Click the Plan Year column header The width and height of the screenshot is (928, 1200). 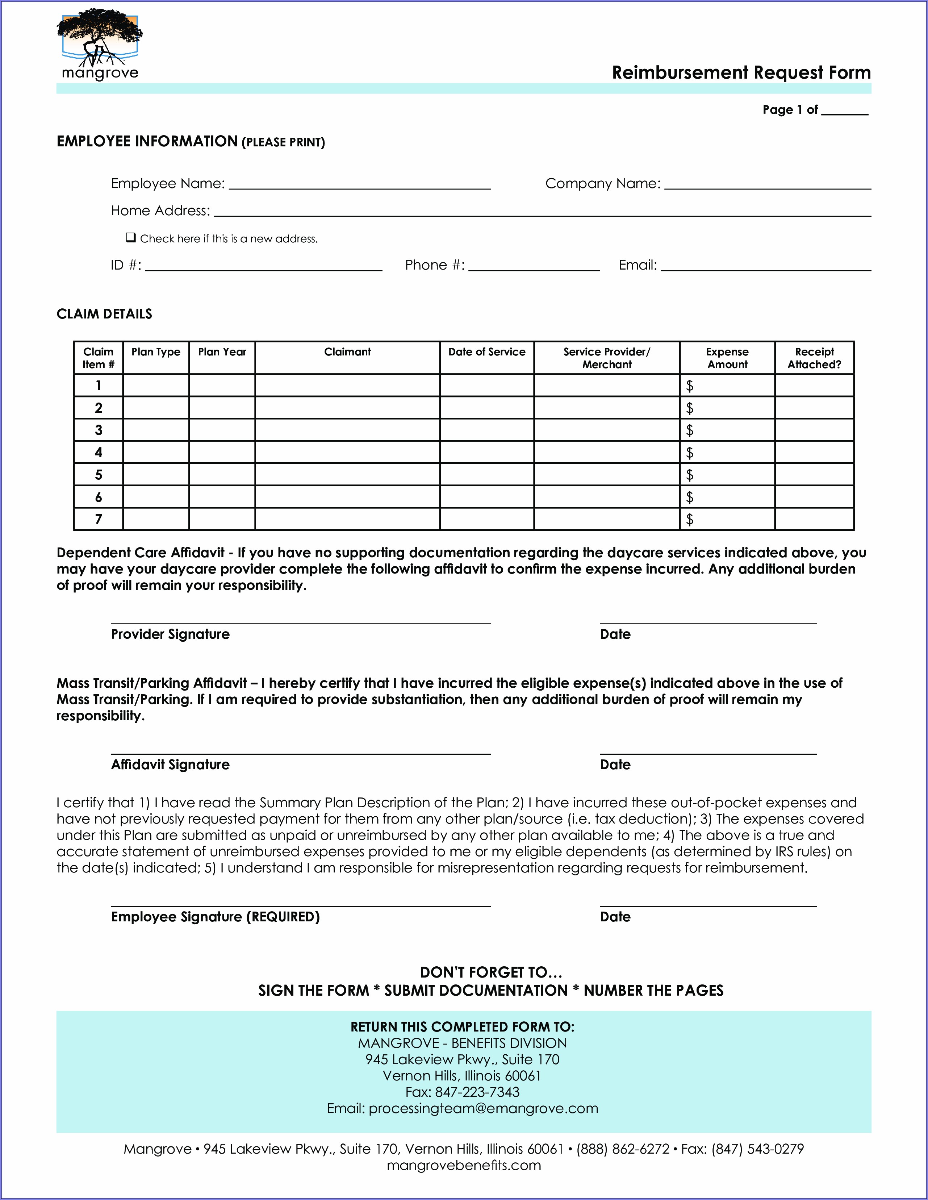click(x=222, y=352)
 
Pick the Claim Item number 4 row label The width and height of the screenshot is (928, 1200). click(x=99, y=452)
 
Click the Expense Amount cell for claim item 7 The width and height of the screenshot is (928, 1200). click(x=727, y=519)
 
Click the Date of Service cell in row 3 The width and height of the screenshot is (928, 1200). click(x=487, y=430)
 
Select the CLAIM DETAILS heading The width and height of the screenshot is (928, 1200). click(x=104, y=314)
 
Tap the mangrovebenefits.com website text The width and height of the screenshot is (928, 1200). click(x=464, y=1165)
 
